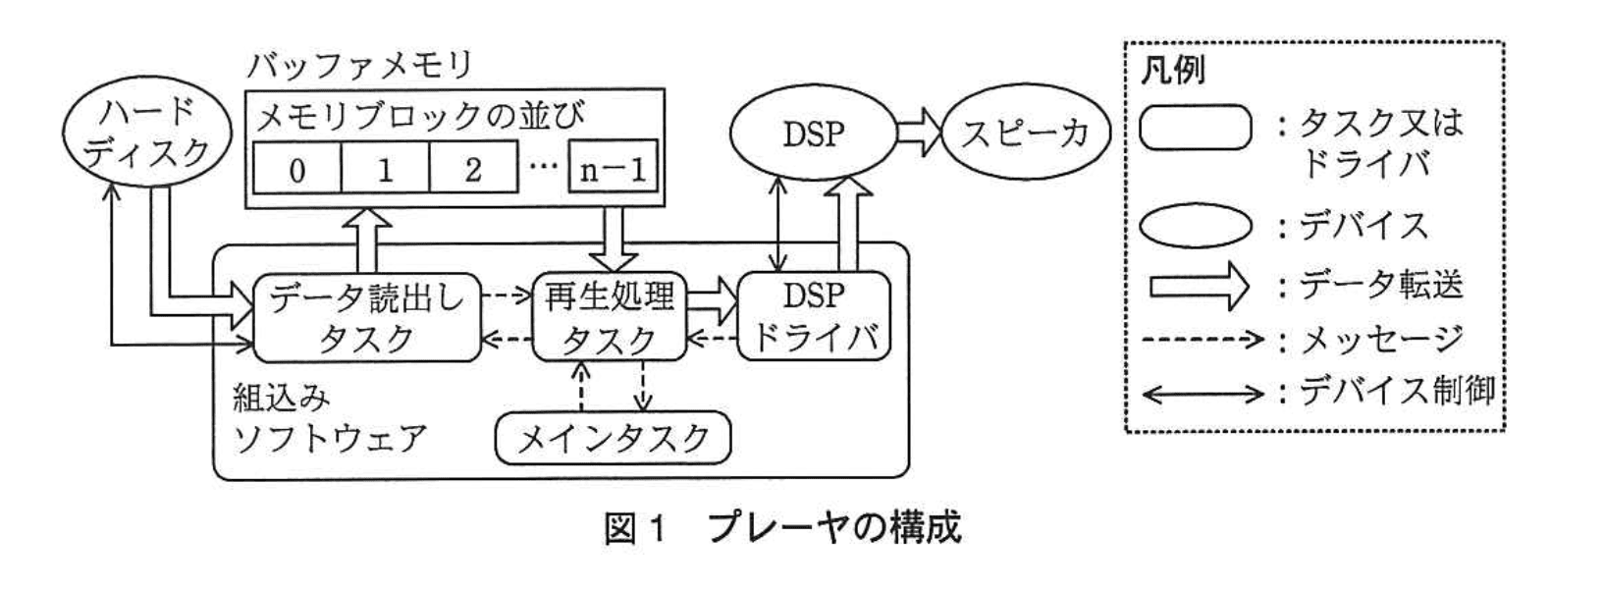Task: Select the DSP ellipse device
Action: pos(814,134)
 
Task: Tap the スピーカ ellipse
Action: pos(1026,134)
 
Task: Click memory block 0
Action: pos(297,169)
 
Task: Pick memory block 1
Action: pos(385,169)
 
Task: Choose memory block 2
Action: pos(473,169)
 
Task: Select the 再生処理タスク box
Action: pos(610,316)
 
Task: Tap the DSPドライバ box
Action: pos(814,316)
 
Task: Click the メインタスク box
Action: pos(614,438)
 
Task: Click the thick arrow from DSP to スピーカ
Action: pos(918,134)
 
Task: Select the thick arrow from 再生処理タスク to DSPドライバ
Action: pos(712,301)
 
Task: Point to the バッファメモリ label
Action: pos(359,65)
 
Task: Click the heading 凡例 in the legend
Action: pos(1173,71)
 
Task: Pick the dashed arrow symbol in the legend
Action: pos(1204,340)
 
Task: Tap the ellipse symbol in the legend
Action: pos(1196,227)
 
